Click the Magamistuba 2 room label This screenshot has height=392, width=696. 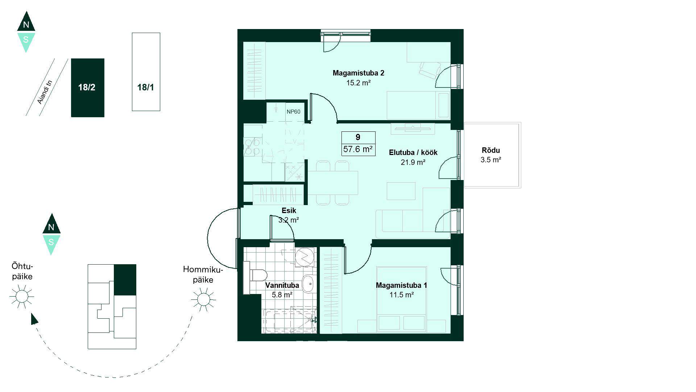358,73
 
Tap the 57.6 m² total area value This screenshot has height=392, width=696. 358,149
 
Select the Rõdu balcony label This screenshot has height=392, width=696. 491,150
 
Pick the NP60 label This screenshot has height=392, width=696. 293,112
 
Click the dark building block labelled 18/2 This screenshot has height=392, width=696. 88,88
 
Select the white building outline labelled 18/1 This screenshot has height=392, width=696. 146,72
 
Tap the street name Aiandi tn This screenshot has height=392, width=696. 45,92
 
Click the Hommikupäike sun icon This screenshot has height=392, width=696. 203,299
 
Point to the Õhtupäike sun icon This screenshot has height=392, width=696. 21,296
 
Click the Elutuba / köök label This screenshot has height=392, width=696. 413,152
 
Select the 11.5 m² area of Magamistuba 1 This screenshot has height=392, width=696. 402,295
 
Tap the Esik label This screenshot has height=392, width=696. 289,211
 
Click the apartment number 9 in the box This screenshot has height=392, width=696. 358,137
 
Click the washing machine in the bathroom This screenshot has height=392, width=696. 304,257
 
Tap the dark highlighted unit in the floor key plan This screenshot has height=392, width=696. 125,279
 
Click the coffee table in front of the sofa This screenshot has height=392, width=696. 401,191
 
